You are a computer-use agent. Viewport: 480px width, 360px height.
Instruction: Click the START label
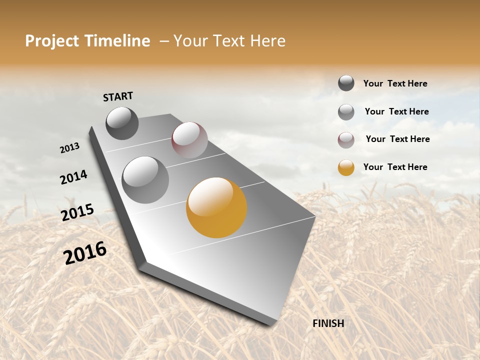click(x=118, y=96)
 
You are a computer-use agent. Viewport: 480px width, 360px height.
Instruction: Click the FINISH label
click(x=328, y=323)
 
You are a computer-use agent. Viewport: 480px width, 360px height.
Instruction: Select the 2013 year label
click(x=69, y=148)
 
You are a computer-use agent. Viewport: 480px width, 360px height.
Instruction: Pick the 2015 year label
click(x=77, y=212)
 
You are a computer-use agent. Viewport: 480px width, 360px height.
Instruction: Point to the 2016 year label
click(x=85, y=253)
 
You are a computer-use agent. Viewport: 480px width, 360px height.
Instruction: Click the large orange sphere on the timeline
click(x=216, y=207)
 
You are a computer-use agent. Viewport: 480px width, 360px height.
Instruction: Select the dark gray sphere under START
click(x=122, y=123)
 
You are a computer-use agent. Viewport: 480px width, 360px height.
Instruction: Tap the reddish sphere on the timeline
click(x=189, y=140)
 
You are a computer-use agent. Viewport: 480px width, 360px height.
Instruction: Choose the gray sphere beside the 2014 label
click(x=145, y=180)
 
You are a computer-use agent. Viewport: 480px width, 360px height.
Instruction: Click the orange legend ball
click(x=346, y=167)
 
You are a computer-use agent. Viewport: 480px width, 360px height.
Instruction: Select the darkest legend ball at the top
click(x=346, y=83)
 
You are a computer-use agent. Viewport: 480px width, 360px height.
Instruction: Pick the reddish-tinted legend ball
click(x=346, y=140)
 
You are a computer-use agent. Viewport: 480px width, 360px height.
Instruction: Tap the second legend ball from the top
click(x=346, y=112)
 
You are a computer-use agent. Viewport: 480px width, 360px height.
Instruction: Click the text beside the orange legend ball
click(x=395, y=167)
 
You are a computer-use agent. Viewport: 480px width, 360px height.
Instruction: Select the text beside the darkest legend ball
click(x=395, y=83)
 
